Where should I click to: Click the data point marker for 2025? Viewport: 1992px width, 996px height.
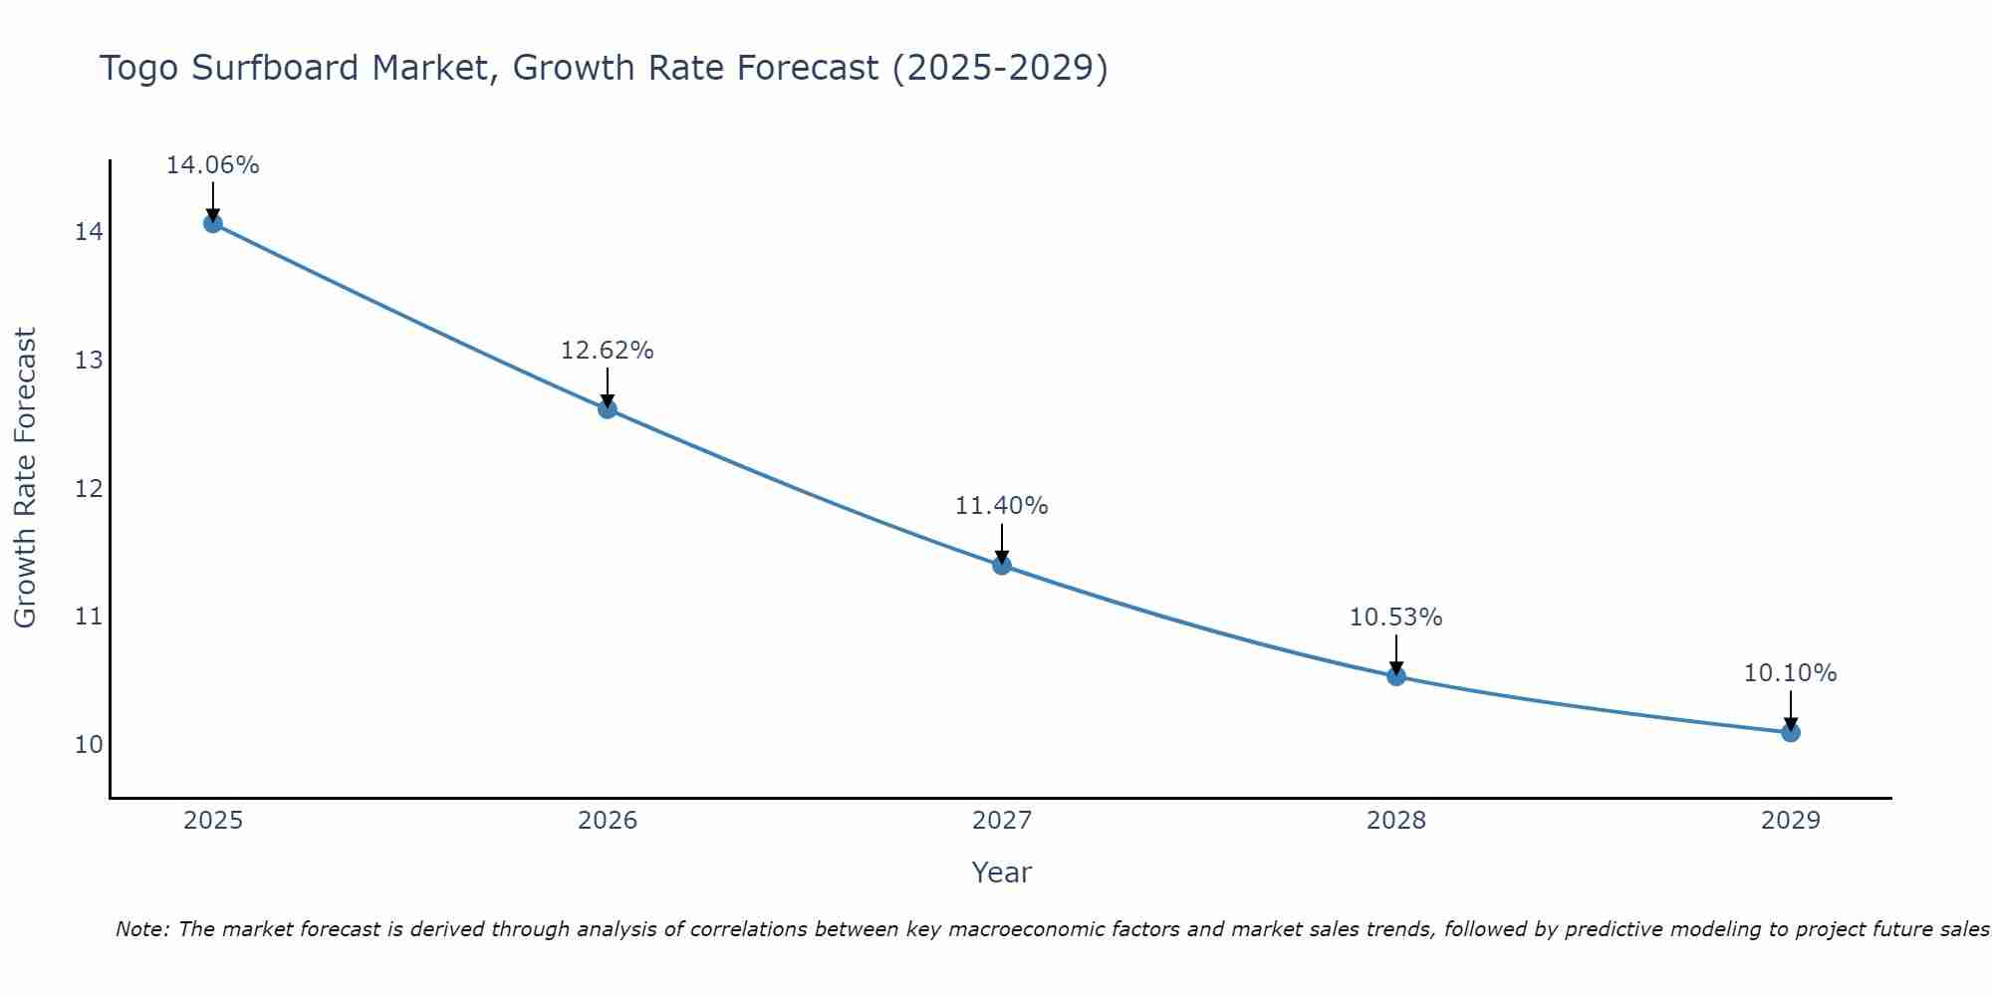213,223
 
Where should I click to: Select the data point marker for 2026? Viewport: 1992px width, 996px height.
608,408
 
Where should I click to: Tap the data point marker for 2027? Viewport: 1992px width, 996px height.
1002,565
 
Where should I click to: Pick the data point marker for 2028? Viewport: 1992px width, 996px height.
1396,676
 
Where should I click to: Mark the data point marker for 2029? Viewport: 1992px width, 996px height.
1791,732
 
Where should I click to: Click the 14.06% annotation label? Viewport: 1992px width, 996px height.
213,165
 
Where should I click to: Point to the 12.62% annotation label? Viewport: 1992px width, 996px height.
608,351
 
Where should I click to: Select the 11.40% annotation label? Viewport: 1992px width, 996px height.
1002,506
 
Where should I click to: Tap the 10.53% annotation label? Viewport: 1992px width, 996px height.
1396,618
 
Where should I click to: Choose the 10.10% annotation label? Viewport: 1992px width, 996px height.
1791,673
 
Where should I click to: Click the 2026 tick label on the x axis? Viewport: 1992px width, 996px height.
608,821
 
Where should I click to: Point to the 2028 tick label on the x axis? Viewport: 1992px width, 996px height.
1396,821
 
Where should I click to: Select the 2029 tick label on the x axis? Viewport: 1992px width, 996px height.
1791,821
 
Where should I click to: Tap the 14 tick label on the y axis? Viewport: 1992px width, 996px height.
89,232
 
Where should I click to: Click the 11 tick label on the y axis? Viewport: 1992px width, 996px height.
89,617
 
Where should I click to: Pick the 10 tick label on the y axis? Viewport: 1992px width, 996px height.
89,745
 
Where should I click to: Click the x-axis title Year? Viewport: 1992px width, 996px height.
1002,872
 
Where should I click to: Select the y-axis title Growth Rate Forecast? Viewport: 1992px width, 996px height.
25,478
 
